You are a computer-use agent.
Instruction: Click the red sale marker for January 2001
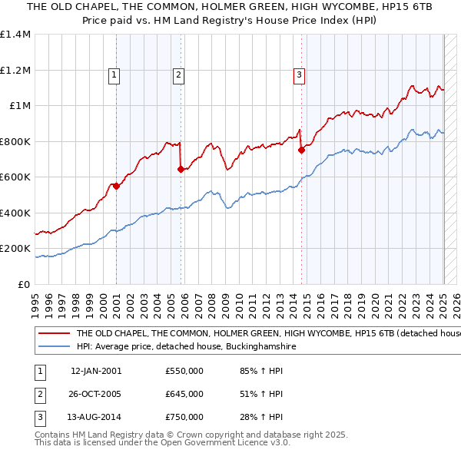[x=116, y=186]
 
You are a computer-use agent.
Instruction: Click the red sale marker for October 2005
[x=181, y=169]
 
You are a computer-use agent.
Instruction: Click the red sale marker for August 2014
[x=301, y=150]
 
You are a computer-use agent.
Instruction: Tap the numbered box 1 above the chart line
[x=114, y=74]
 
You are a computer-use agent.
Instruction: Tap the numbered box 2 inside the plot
[x=178, y=74]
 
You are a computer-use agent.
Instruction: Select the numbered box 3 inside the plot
[x=299, y=74]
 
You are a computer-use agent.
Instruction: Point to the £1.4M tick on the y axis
[x=15, y=35]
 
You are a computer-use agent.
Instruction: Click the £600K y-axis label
[x=15, y=177]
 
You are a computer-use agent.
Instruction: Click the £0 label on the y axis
[x=24, y=284]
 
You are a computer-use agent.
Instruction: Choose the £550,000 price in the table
[x=184, y=371]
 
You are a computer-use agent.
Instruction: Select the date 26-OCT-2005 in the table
[x=95, y=394]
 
